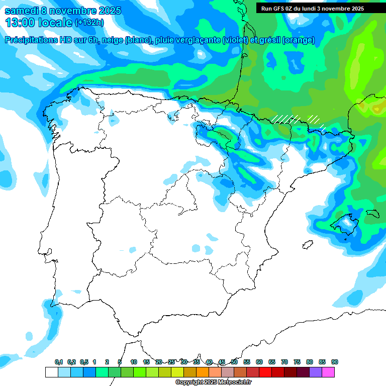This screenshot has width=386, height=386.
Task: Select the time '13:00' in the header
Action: (x=20, y=23)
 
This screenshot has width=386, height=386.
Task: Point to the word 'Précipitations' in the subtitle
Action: (x=36, y=40)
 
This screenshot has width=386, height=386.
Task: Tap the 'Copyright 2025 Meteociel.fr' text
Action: (x=213, y=382)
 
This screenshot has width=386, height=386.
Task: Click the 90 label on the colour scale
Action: (x=335, y=362)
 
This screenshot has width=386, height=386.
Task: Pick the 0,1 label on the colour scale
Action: (x=59, y=362)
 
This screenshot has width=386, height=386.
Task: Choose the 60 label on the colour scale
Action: (x=259, y=362)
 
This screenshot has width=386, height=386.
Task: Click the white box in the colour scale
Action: (x=51, y=372)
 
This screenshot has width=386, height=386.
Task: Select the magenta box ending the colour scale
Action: (x=328, y=372)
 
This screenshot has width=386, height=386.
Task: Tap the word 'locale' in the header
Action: (x=55, y=23)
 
